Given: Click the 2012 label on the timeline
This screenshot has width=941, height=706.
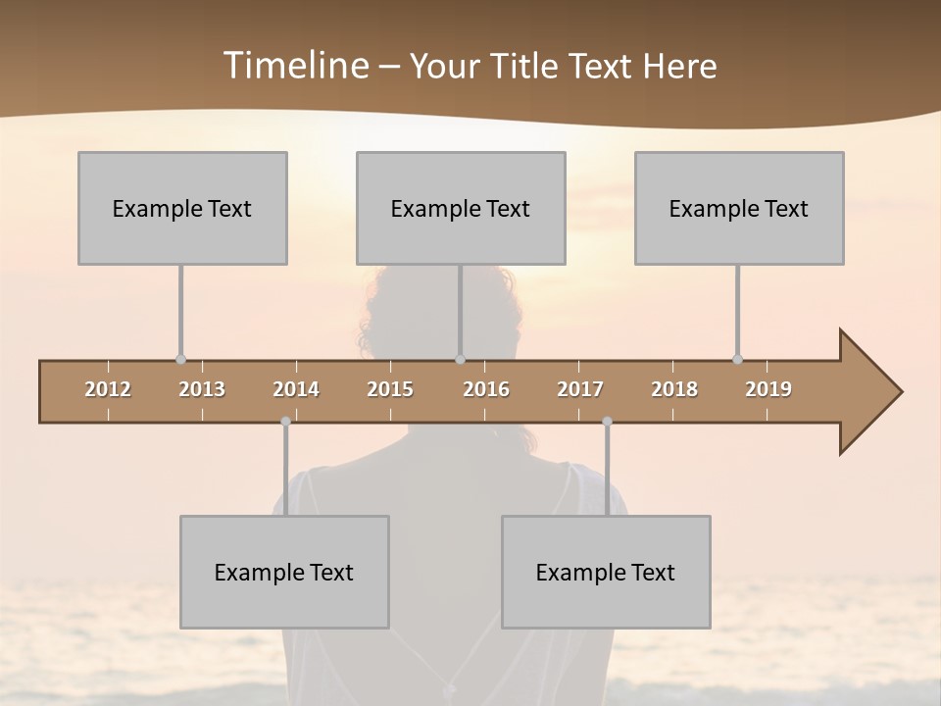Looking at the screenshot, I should click(108, 389).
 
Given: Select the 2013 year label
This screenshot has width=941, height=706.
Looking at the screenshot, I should click(202, 389).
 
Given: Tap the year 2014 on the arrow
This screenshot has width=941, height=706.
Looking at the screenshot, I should click(296, 389).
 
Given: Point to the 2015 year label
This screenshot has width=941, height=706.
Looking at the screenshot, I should click(390, 389).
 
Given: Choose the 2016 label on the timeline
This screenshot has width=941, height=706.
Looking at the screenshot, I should click(486, 389).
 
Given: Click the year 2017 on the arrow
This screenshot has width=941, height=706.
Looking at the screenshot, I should click(580, 389).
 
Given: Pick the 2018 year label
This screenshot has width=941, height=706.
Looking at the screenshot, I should click(674, 389).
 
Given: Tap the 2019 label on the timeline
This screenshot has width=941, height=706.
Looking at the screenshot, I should click(768, 389).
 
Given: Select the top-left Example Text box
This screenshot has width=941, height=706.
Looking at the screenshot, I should click(182, 208).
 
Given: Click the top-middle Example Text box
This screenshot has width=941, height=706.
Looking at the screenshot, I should click(461, 208).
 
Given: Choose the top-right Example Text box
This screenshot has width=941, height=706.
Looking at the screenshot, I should click(739, 208).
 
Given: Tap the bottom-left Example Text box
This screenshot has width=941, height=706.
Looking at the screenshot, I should click(284, 572).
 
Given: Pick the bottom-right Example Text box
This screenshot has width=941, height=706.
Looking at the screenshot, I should click(606, 572).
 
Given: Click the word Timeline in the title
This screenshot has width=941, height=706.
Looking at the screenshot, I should click(295, 66).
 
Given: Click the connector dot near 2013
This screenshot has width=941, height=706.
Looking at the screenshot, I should click(180, 359).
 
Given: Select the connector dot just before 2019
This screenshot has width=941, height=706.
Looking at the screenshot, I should click(737, 359).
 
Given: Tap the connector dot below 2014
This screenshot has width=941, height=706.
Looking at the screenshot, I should click(285, 421).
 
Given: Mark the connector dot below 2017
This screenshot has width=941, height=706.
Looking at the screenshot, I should click(607, 421).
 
